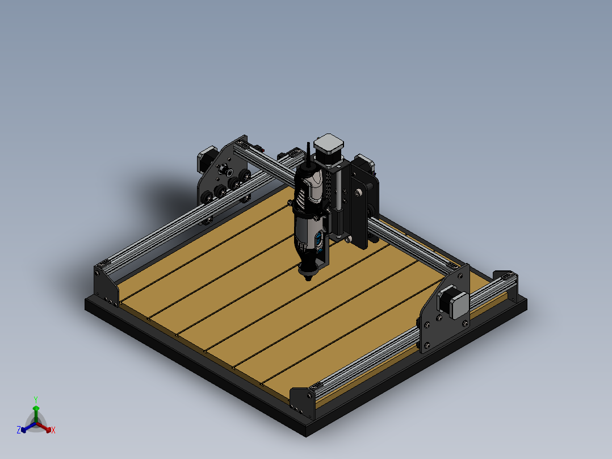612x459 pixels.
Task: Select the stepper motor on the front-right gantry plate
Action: pos(455,302)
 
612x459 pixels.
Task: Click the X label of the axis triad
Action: pos(53,431)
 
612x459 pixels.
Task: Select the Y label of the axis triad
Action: pos(35,399)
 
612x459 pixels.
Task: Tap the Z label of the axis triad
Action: pos(19,430)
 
